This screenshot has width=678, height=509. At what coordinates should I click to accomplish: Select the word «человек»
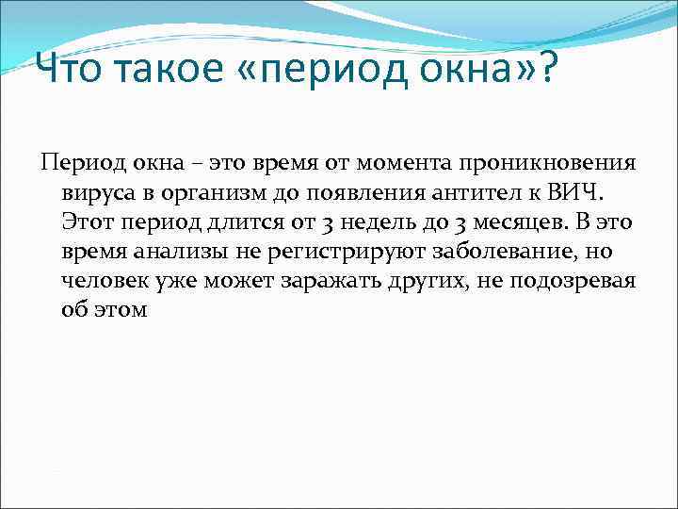[x=105, y=281]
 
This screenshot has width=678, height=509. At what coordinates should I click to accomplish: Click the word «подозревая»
[x=577, y=281]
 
